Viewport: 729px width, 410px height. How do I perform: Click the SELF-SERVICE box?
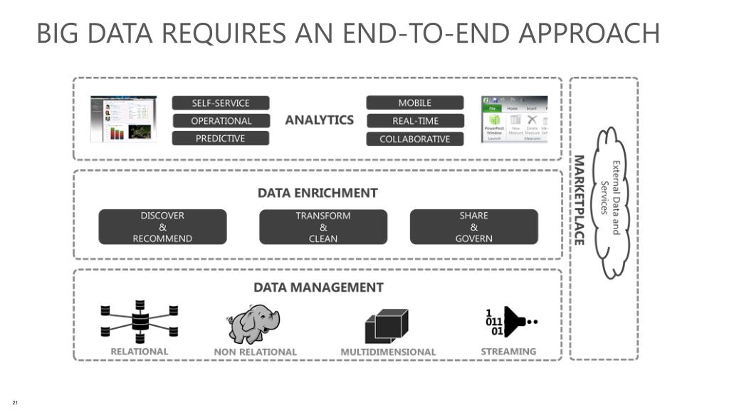[221, 103]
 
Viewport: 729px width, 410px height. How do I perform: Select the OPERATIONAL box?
[221, 121]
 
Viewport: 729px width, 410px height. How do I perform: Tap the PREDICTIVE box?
[221, 139]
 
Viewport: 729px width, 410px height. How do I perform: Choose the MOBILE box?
[414, 103]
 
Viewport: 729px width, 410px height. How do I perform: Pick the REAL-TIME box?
[414, 121]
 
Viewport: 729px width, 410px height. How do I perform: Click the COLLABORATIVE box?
[414, 139]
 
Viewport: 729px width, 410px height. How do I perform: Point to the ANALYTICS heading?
[320, 120]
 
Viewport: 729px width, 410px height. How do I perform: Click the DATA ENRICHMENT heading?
[318, 193]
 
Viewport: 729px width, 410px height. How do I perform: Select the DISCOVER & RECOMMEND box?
[162, 227]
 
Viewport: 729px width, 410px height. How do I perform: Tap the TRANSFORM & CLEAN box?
[323, 227]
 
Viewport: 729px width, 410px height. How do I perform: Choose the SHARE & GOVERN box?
[474, 227]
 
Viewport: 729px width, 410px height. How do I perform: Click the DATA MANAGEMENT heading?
[318, 288]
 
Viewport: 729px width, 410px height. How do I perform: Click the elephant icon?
[254, 325]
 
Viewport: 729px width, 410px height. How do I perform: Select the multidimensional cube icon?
[387, 326]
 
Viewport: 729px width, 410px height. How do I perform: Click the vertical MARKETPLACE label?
[579, 200]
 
